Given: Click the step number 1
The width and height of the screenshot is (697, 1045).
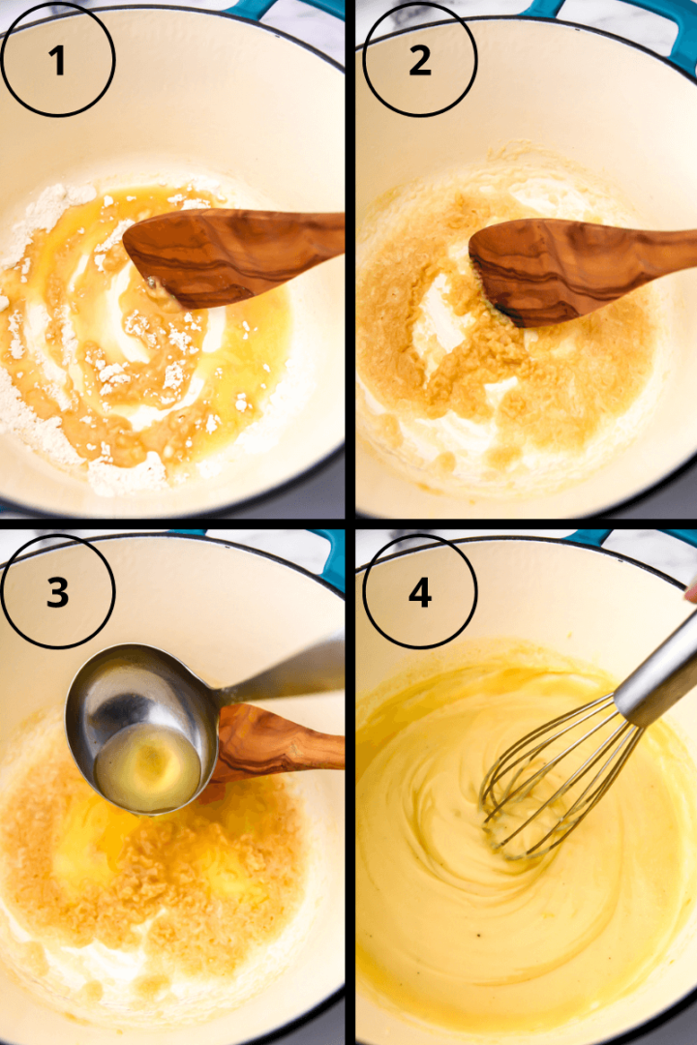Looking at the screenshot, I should coord(58,61).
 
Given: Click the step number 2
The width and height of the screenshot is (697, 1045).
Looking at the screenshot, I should coord(419,61).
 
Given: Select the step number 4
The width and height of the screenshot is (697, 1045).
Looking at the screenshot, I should coord(419,593).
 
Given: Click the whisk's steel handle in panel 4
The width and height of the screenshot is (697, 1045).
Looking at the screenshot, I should coord(658,668).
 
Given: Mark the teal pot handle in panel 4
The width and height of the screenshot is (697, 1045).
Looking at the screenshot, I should coord(595,537).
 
